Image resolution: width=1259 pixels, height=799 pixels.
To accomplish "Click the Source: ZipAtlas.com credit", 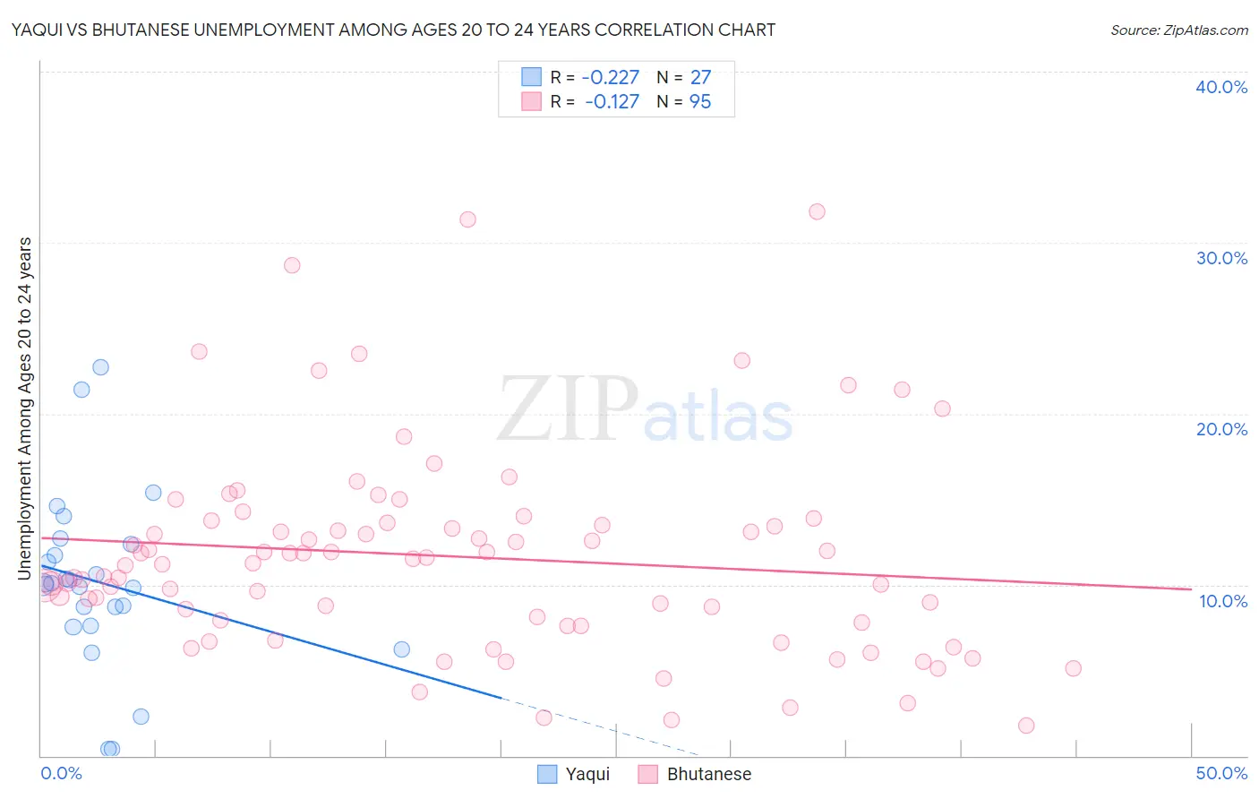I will point(1178,30).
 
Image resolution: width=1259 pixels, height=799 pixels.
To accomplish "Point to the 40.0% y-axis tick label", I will point(1221,87).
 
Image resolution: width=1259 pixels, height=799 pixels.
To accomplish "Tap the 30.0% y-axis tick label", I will point(1221,258).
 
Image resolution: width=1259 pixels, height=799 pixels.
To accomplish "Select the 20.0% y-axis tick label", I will point(1221,429).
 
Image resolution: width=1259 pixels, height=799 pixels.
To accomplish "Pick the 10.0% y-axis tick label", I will point(1223,601).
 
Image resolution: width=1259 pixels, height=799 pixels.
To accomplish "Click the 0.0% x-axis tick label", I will point(61,773).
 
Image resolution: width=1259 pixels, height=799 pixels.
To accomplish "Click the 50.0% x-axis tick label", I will point(1221,773).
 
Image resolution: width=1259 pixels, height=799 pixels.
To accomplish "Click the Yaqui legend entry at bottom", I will point(587,774).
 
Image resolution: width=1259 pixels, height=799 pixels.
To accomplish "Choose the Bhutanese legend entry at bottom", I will point(708,774).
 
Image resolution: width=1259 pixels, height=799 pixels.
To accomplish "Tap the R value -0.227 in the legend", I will point(610,78).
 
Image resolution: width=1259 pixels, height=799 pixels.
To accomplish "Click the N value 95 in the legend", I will point(699,102).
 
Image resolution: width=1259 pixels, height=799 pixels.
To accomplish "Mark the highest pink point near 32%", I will point(817,212).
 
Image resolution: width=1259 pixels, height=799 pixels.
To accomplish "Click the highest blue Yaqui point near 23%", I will point(100,367).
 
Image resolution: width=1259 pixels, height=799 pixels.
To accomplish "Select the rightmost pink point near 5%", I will point(1073,668).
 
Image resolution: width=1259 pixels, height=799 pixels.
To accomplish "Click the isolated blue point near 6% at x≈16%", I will point(401,649).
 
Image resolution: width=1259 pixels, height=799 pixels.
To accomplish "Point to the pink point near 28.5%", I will point(292,265).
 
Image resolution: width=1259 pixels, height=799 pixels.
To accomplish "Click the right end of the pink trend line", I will point(1190,589).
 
